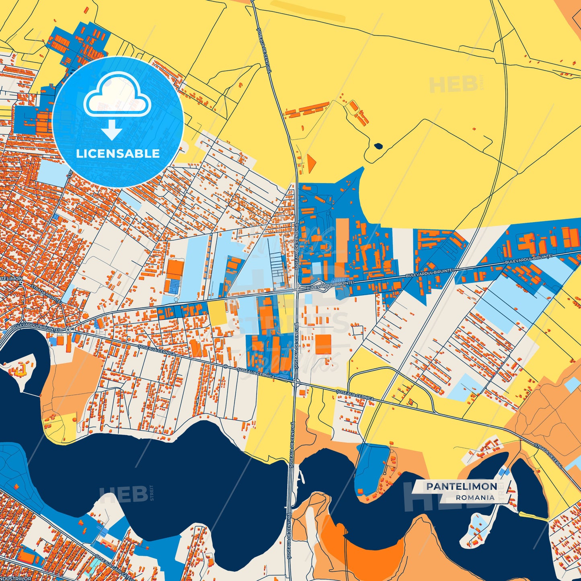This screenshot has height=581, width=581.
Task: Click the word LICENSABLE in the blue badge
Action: click(x=118, y=154)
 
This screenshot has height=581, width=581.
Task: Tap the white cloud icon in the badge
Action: click(x=117, y=95)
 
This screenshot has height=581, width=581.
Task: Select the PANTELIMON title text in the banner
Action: click(x=462, y=487)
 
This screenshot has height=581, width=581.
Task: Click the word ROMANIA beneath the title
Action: click(x=475, y=497)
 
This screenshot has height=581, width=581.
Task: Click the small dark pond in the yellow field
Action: click(x=378, y=146)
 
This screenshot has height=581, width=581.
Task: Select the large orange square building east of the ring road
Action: click(x=323, y=344)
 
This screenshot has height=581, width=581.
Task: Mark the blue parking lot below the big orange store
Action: click(x=174, y=286)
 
